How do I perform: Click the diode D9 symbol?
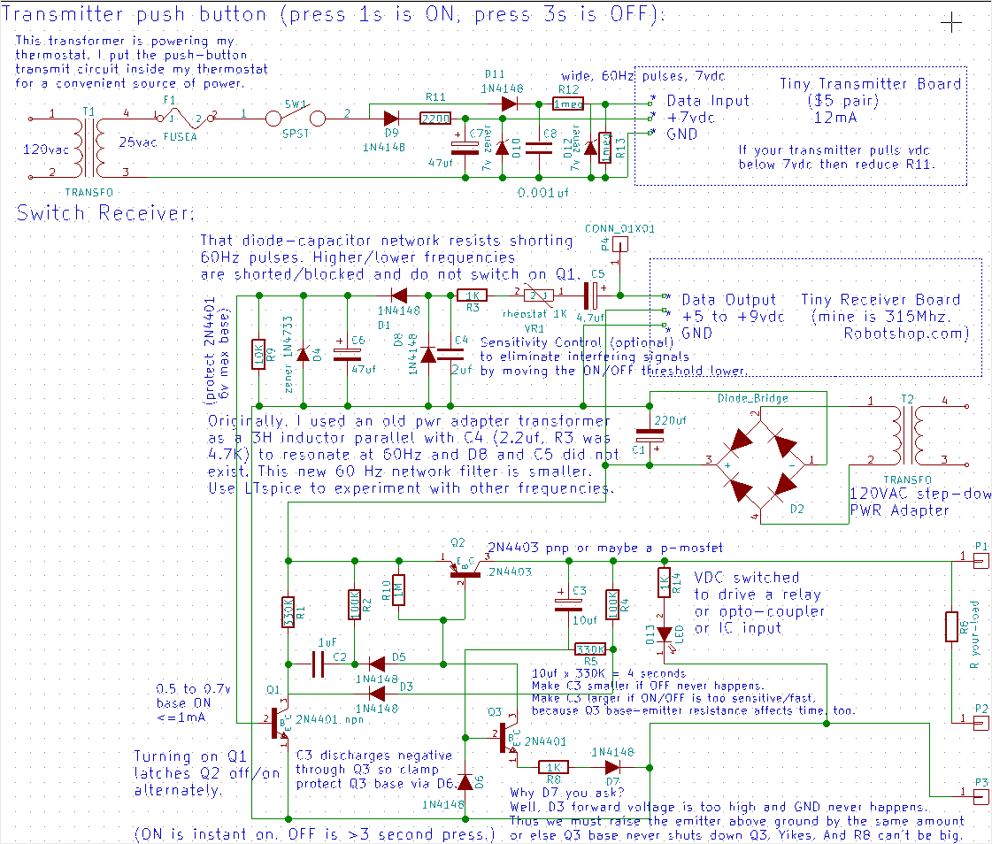(389, 118)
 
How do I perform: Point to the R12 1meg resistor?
(567, 104)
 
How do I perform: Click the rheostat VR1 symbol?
(539, 296)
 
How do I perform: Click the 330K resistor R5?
(584, 649)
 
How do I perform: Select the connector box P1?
(980, 560)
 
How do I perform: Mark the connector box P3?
(980, 796)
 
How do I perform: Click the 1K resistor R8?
(555, 767)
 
